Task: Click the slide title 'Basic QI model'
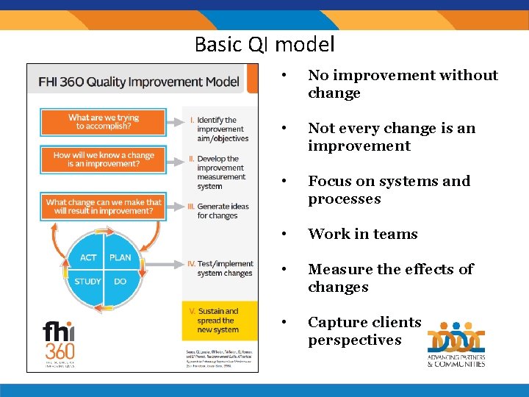tap(264, 44)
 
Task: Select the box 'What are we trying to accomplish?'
tap(103, 122)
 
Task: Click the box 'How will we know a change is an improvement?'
tap(103, 160)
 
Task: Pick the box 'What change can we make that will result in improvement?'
tap(103, 207)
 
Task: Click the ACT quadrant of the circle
tap(88, 258)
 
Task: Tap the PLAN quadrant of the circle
tap(120, 258)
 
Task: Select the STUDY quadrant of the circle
tap(88, 282)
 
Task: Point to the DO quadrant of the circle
tap(119, 282)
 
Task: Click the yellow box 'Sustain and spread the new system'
tap(218, 321)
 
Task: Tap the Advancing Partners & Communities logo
tap(456, 344)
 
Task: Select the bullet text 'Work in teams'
tap(362, 234)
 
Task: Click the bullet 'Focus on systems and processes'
tap(389, 190)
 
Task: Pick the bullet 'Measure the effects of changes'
tap(390, 278)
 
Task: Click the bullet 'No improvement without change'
tap(403, 84)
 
